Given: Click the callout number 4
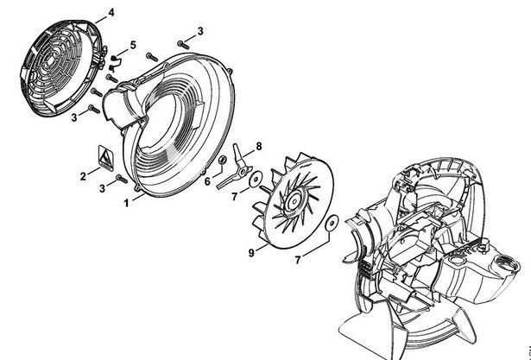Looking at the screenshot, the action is click(111, 13).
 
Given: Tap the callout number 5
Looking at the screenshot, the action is click(133, 45).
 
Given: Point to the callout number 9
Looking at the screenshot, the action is click(251, 253).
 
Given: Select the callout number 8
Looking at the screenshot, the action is click(259, 147).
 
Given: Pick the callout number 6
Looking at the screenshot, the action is click(207, 181).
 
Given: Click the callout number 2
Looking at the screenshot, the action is click(83, 176).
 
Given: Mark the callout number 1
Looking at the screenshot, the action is click(126, 203).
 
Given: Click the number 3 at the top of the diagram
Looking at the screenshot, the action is click(200, 31).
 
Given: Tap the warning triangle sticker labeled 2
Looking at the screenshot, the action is click(106, 157).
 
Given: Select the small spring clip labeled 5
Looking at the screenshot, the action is click(116, 63).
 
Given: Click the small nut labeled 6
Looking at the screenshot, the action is click(223, 159).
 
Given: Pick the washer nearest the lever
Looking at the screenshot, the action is click(256, 180).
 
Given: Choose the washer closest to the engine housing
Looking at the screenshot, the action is click(332, 223).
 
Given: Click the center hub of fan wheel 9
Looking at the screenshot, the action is click(294, 201).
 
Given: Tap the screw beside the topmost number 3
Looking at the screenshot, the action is click(183, 44).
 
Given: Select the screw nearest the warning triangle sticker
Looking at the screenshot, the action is click(122, 179).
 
